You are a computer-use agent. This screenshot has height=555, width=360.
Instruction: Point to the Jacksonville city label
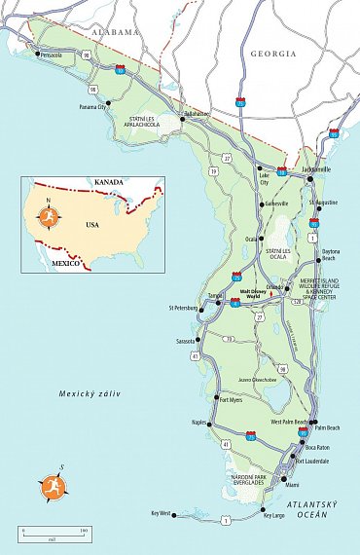[x=316, y=169]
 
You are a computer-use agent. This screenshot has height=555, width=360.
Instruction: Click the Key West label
[x=161, y=513]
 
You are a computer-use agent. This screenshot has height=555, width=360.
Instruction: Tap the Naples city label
[x=201, y=425]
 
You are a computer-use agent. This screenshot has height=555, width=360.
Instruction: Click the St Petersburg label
[x=177, y=309]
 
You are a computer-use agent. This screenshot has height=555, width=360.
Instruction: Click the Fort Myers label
[x=230, y=399]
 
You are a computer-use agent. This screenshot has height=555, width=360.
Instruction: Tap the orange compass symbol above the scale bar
[x=51, y=485]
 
